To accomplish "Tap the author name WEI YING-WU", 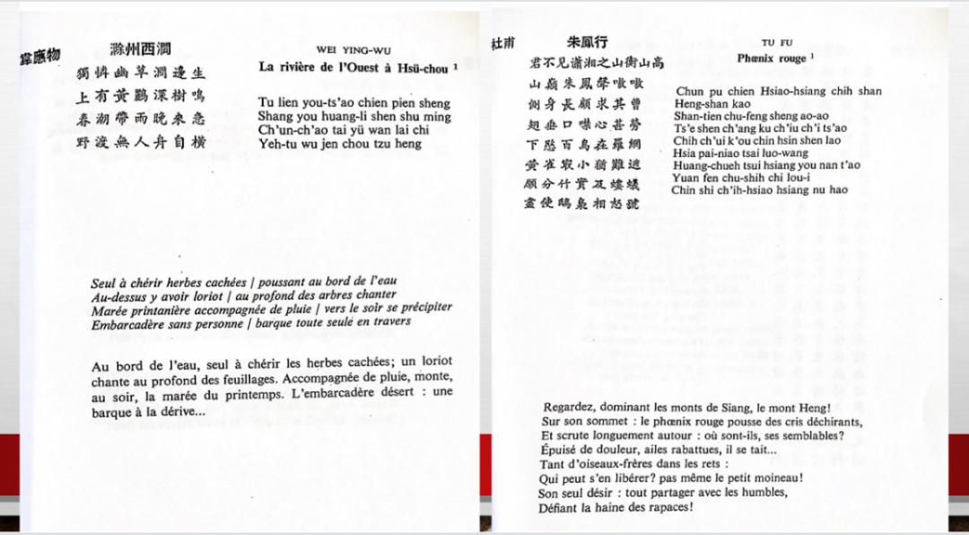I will tap(354, 50).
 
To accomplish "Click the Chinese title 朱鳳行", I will tap(588, 42).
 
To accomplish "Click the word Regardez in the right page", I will tap(572, 406).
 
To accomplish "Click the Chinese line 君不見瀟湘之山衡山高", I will tap(598, 63).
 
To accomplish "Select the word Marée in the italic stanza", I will tap(110, 310).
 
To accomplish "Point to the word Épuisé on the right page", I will tap(563, 450).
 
